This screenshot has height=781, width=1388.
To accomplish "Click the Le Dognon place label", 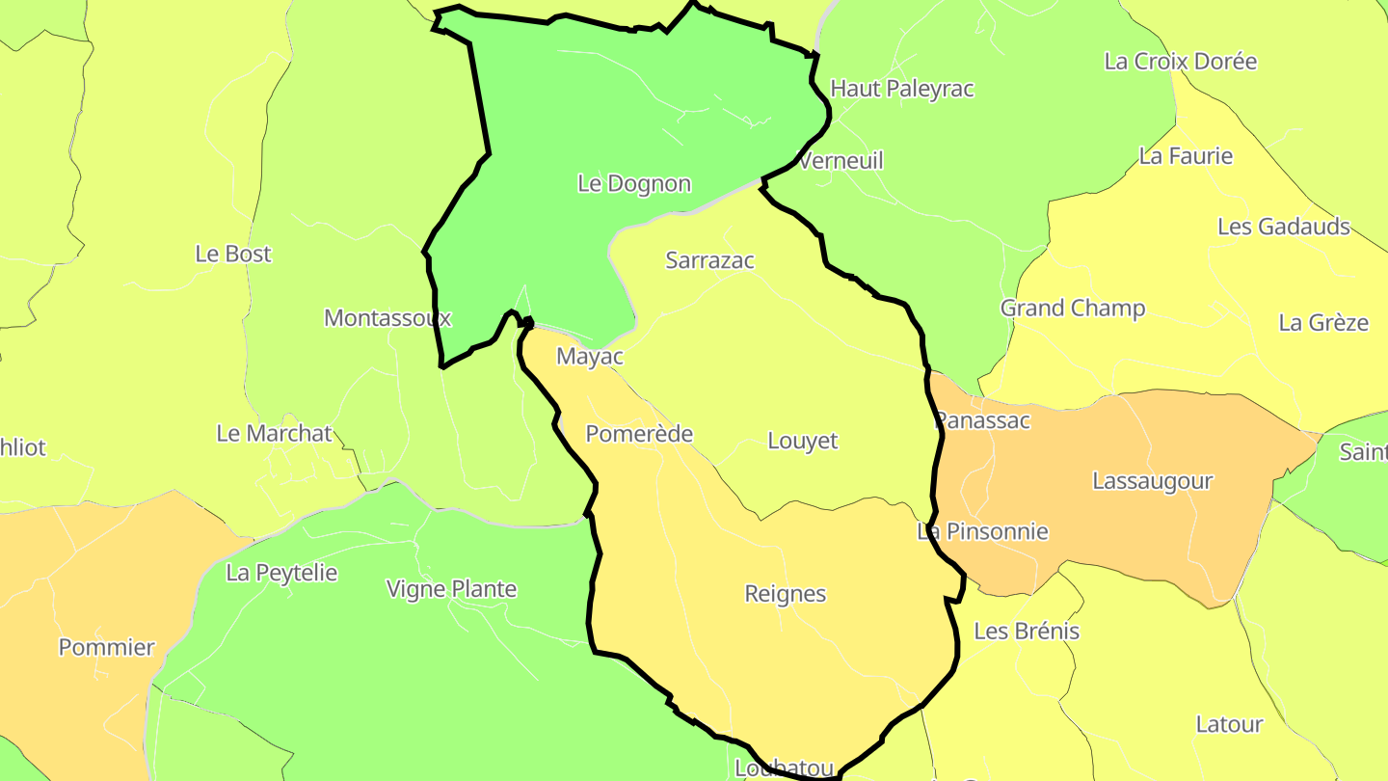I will point(634,183).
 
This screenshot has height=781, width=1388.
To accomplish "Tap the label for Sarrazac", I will point(710,260).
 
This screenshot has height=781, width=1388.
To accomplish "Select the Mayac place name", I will point(590,357).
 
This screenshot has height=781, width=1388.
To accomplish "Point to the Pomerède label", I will point(639,434).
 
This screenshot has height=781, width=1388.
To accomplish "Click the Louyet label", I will point(803,441).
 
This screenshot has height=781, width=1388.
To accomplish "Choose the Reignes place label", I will point(786,594).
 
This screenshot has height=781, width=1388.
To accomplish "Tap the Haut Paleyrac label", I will point(902,89).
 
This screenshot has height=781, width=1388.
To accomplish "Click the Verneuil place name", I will point(841,161).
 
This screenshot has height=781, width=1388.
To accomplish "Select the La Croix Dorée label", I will point(1181,62).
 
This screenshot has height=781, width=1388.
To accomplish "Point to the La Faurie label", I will point(1186,156).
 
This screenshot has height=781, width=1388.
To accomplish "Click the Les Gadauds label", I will point(1284,227).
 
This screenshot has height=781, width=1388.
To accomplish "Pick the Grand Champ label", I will point(1073,309).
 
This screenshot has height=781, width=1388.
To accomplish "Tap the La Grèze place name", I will point(1323,323).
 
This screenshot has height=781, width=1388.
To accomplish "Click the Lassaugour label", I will point(1153,481).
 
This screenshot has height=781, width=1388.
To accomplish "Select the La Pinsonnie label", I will point(982,531).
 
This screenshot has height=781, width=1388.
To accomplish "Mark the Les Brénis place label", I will point(1027,632).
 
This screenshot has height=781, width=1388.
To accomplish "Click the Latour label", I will point(1229,724).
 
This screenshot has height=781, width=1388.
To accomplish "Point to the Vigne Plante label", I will point(451,589).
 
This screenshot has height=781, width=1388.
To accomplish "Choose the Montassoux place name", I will point(387,317).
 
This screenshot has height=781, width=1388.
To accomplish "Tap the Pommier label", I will point(107,647).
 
